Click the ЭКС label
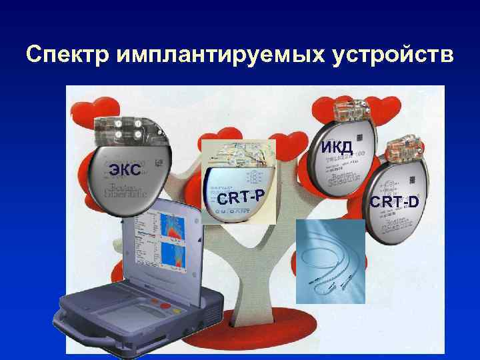124,169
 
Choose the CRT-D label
395,201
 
